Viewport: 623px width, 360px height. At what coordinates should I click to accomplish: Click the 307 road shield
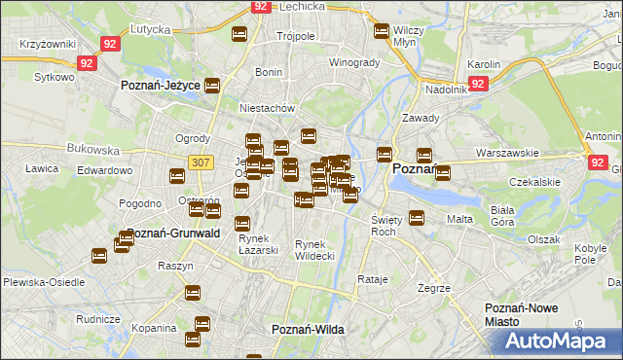click(x=200, y=162)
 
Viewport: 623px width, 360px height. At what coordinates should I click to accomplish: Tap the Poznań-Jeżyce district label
click(x=160, y=86)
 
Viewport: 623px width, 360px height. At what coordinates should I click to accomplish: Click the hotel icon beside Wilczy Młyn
click(x=382, y=31)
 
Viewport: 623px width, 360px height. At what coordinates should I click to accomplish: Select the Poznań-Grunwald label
click(x=173, y=234)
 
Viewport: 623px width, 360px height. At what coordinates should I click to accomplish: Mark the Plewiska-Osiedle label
click(x=43, y=282)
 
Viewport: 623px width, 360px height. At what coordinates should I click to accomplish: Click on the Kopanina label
click(x=154, y=329)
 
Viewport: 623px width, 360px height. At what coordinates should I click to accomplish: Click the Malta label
click(x=459, y=220)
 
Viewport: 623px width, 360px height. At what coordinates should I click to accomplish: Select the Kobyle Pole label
click(x=590, y=255)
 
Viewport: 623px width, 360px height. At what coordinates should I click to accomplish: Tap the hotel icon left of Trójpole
click(x=240, y=36)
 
